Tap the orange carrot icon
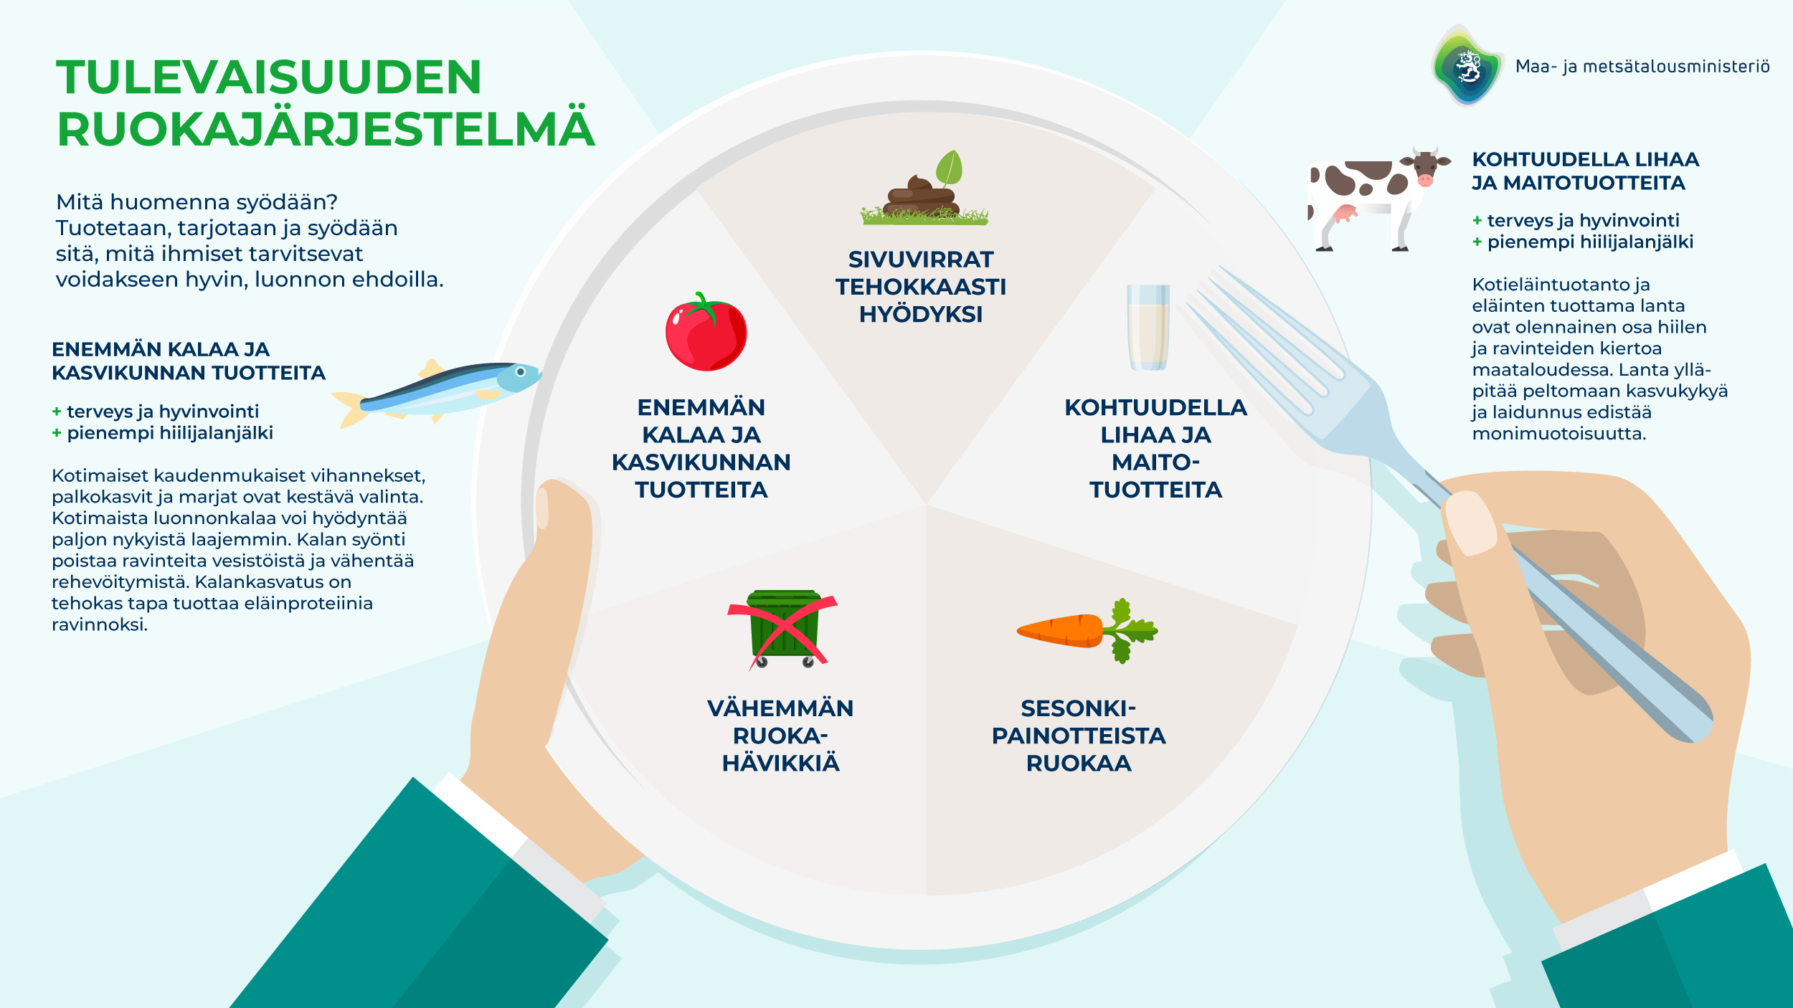(x=1061, y=630)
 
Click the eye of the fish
(x=521, y=372)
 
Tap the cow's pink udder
(x=1345, y=213)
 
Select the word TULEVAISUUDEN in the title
(x=269, y=77)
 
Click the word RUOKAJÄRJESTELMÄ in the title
(x=326, y=130)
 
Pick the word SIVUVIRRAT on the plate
(x=921, y=260)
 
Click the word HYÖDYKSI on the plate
(x=921, y=315)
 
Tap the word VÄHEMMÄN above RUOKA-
(x=780, y=708)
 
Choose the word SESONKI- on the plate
(x=1078, y=708)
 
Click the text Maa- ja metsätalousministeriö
(x=1642, y=67)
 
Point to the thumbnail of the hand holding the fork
(x=1470, y=523)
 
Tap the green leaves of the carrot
(x=1130, y=630)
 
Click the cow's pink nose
(x=1425, y=181)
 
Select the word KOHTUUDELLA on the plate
(x=1155, y=408)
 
